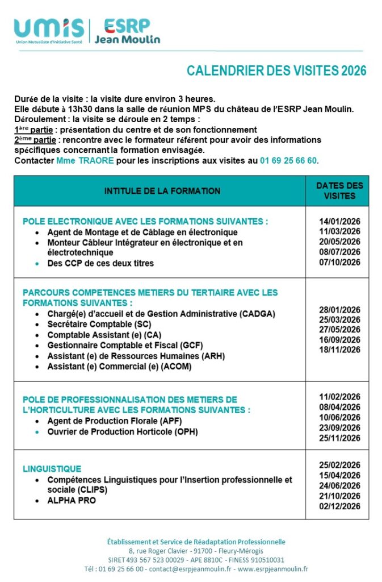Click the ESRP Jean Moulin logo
(127, 31)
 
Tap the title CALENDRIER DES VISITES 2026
(276, 71)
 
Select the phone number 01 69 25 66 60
(288, 161)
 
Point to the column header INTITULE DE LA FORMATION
(162, 191)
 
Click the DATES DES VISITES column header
(339, 191)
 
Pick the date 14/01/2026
(339, 222)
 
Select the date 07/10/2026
(339, 263)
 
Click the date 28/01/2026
(339, 310)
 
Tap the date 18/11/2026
(339, 350)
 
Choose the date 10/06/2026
(339, 417)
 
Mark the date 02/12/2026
(339, 506)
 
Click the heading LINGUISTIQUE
(52, 469)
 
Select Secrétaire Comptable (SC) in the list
(100, 324)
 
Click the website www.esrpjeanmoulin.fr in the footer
(273, 569)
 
